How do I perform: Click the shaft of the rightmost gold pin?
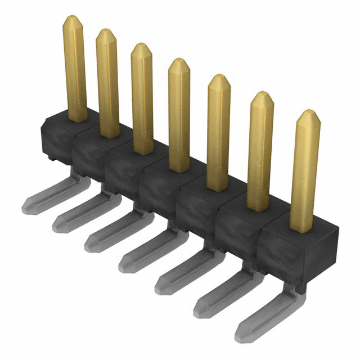click(x=305, y=174)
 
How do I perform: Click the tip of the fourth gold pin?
click(x=179, y=62)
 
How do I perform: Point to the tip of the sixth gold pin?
click(x=262, y=96)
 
